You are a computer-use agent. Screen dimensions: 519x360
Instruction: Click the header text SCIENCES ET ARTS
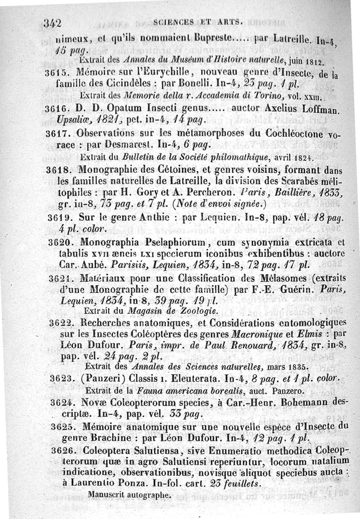point(198,21)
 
